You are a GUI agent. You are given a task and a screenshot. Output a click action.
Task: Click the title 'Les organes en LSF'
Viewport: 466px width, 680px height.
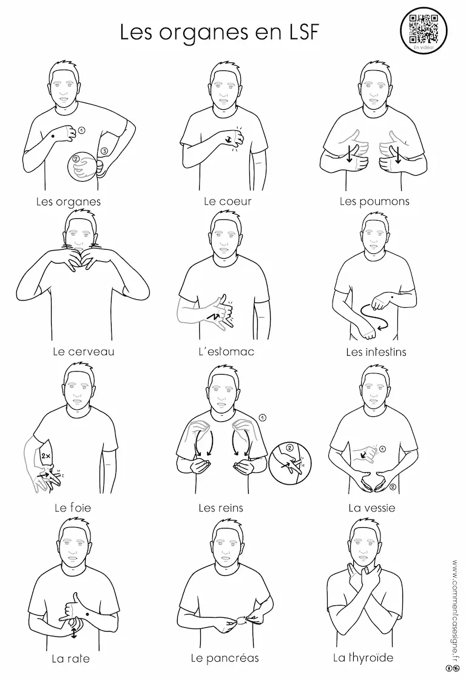coord(219,32)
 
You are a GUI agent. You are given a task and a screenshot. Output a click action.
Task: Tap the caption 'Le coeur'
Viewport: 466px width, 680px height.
coord(228,201)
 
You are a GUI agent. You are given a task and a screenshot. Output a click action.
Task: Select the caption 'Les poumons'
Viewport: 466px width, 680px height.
coord(374,202)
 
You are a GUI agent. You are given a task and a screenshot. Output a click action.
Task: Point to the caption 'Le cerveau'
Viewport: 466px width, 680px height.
coord(83,352)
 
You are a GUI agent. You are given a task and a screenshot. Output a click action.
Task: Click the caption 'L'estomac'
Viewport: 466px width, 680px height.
coord(226,352)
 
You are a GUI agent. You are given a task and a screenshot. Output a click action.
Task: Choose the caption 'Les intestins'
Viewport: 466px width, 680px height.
coord(376,352)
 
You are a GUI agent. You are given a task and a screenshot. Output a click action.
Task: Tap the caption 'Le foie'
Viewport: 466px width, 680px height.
coord(73,507)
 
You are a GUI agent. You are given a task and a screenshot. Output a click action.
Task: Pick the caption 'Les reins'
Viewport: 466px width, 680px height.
coord(221,507)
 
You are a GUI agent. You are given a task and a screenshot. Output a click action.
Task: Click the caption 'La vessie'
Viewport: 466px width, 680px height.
coord(372,507)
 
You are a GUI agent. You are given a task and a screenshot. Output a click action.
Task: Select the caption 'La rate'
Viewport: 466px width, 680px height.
coord(71,659)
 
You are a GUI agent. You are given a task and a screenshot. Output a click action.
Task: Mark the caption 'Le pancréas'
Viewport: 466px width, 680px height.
coord(225,658)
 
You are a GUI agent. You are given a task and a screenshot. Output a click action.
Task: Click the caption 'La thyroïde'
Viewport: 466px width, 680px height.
coord(363,658)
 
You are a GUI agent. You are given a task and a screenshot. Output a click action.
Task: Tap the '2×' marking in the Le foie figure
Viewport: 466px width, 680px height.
coord(46,456)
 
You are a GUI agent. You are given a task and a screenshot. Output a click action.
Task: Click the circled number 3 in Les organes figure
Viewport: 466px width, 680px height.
coord(104,151)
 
